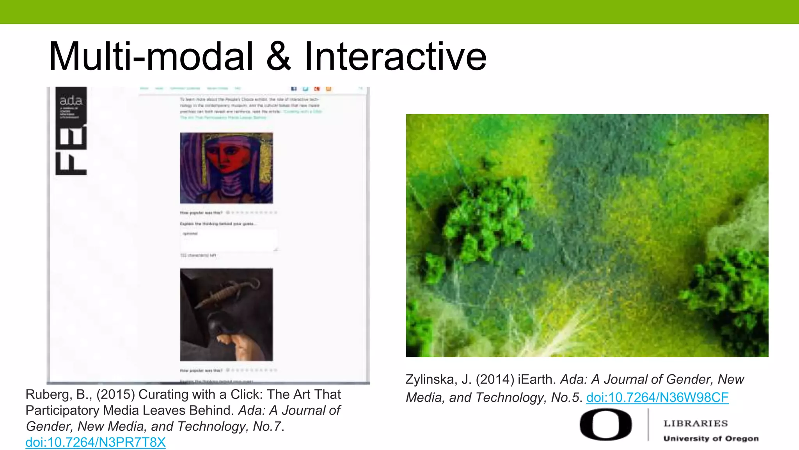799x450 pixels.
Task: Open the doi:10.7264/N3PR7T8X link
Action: tap(96, 442)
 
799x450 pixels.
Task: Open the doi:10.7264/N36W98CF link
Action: tap(657, 397)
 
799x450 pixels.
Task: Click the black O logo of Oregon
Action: tap(605, 425)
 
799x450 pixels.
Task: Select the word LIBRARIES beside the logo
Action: tap(696, 423)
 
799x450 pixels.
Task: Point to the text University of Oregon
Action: tap(711, 438)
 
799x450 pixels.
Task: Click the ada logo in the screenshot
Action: tap(71, 101)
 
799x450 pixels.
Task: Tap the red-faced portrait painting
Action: tap(226, 168)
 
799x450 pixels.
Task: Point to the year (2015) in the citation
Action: tap(115, 395)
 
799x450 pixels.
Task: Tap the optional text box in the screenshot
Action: tap(229, 240)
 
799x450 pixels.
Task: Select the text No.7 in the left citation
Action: tap(267, 426)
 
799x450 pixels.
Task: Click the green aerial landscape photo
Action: tap(587, 235)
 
